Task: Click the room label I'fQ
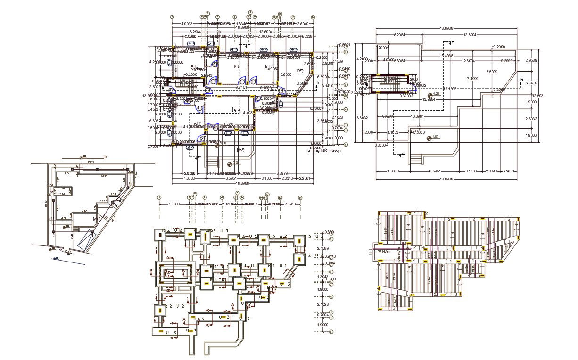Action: pos(300,71)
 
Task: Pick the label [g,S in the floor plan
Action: pos(236,109)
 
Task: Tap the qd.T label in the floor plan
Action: pos(197,123)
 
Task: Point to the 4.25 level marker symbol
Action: pos(429,94)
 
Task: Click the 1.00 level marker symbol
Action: pos(430,138)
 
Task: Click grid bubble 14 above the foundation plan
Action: pos(300,197)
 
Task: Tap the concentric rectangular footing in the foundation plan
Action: pos(174,273)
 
